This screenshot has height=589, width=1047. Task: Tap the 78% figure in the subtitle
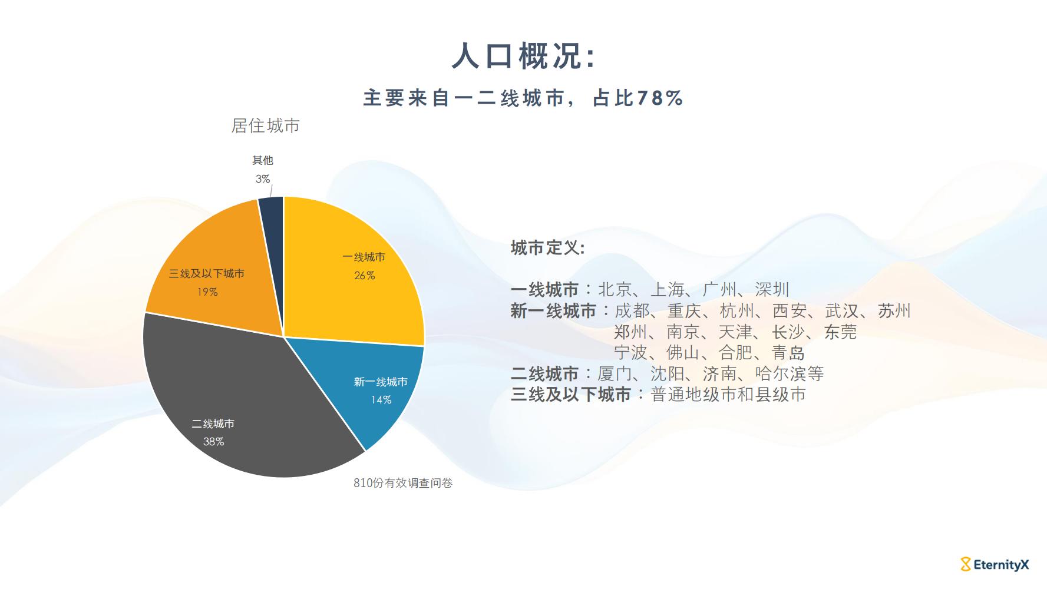pos(659,98)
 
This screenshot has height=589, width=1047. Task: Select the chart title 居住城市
pos(265,125)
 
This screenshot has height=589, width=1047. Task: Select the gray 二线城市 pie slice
pos(242,406)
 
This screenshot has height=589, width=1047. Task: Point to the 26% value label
pos(364,276)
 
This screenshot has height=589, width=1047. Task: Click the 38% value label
pos(213,442)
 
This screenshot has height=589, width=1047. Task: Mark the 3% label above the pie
pos(263,178)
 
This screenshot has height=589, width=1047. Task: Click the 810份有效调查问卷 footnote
pos(403,483)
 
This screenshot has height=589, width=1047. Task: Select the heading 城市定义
pos(547,248)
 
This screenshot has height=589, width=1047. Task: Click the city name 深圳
pos(772,290)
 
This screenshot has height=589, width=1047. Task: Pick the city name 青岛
pos(788,353)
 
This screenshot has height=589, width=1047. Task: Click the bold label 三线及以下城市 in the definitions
pos(571,395)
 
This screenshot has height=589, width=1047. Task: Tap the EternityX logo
pos(995,565)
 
